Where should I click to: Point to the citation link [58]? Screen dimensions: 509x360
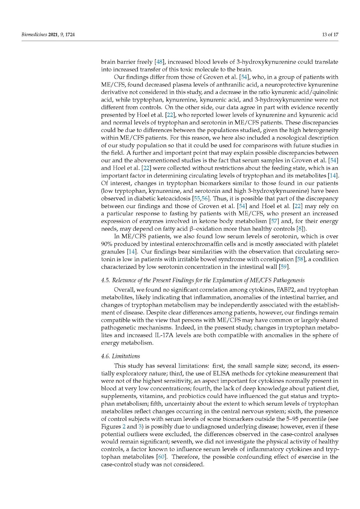pos(300,259)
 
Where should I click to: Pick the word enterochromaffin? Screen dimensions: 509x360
pos(189,244)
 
